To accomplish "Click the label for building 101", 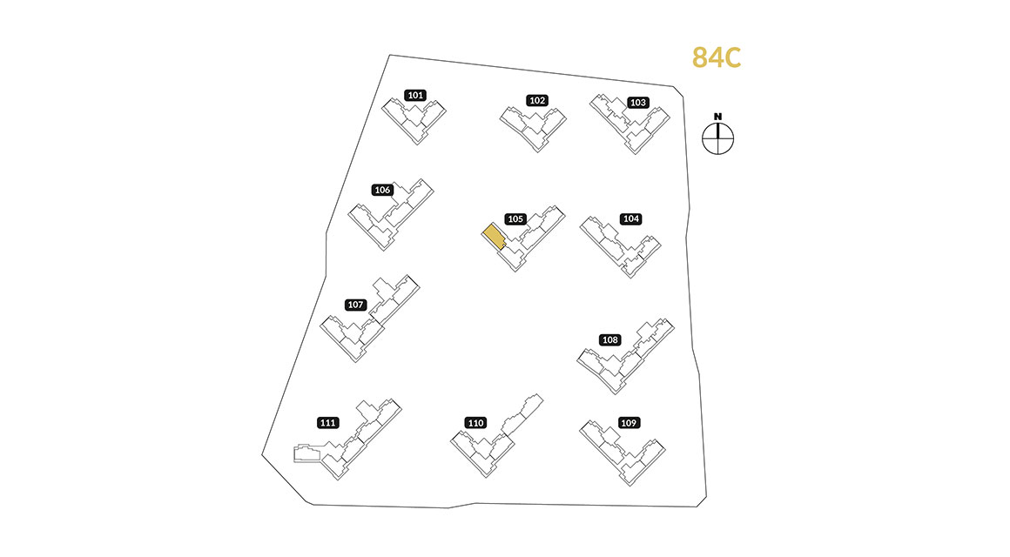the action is [415, 96].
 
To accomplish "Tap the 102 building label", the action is [537, 100].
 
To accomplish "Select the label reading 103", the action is [637, 103].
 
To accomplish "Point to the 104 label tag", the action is [630, 219].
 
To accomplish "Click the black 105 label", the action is [515, 219].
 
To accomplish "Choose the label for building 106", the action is [382, 190].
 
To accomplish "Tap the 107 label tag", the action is [355, 305].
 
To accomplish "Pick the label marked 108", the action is [610, 340].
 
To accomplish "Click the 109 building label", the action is [629, 423].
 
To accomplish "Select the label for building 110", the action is [476, 423].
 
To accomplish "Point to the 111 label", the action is [328, 423].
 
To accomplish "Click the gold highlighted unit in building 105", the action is [494, 237].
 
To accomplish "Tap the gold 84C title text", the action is [717, 57].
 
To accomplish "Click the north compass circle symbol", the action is [717, 138].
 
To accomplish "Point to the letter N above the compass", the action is [717, 117].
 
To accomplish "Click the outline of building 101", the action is [414, 120].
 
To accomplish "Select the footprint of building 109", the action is [623, 453].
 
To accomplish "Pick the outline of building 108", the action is [625, 356].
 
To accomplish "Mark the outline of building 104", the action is [620, 247].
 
